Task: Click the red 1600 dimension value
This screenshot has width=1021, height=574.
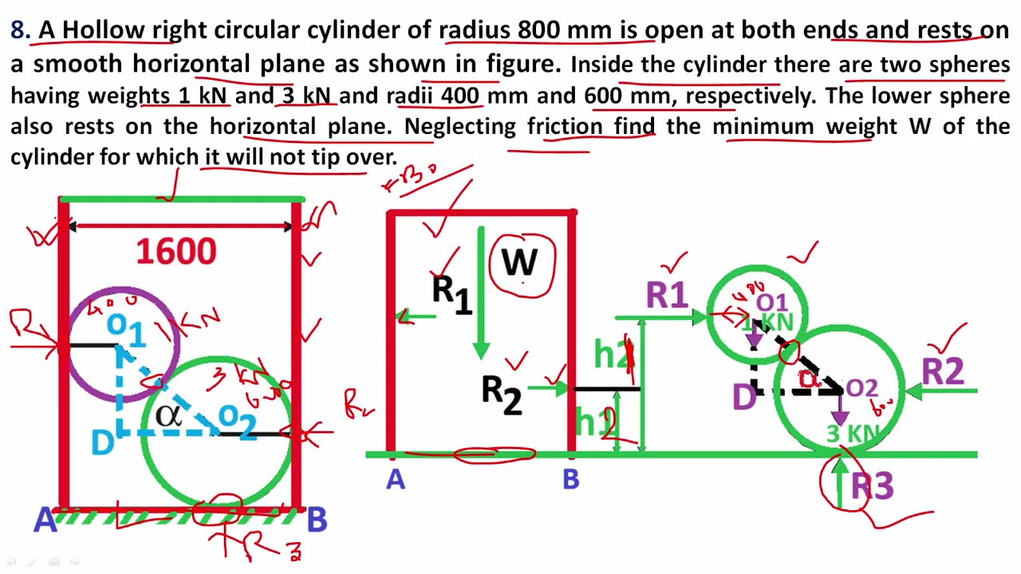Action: click(x=176, y=252)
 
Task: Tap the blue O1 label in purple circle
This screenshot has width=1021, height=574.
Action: click(x=127, y=328)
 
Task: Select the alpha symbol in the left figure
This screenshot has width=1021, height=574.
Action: click(x=169, y=415)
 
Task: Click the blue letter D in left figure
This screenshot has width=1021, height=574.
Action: click(x=102, y=443)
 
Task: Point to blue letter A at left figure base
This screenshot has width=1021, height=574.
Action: click(x=45, y=521)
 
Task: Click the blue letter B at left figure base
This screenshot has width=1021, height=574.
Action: click(x=317, y=521)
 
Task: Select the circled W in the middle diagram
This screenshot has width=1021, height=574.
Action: click(x=519, y=264)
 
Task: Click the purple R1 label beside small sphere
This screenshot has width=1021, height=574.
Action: click(x=667, y=296)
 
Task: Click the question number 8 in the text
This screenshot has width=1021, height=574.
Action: click(x=19, y=30)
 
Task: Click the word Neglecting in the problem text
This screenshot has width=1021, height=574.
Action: click(x=460, y=126)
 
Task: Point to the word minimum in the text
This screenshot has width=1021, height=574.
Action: click(x=765, y=126)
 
